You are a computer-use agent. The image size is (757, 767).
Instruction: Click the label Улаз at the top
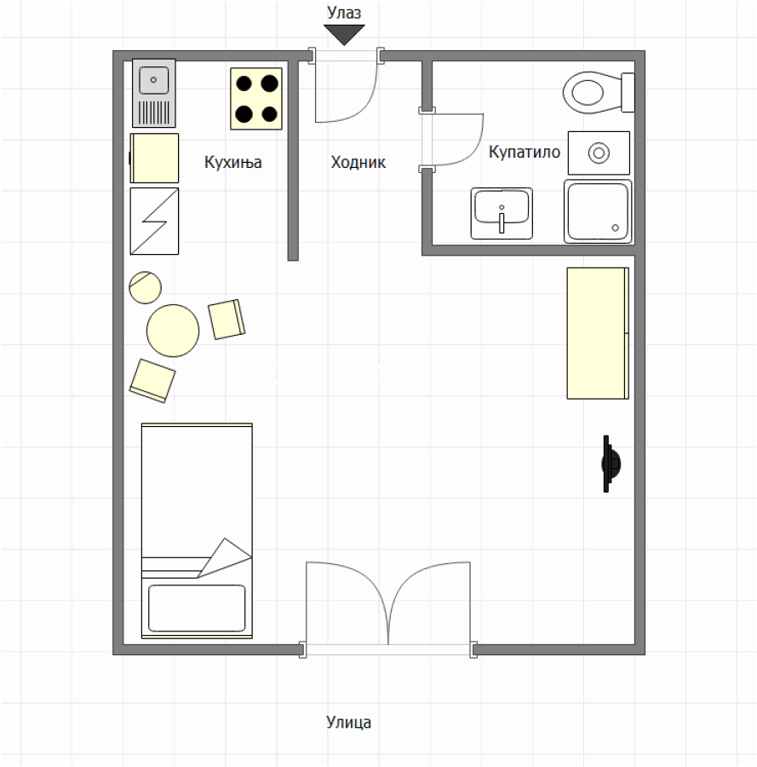coord(344,13)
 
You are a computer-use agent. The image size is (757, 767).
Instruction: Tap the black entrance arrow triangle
coord(344,35)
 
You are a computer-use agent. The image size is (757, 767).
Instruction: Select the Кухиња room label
coord(232,162)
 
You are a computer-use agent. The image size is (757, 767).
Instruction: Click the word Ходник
coord(358,162)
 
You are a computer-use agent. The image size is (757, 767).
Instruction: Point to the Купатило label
coord(525,153)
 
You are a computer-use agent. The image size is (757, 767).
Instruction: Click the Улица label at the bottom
coord(348,722)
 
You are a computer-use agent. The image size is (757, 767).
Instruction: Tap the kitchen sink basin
coord(153,80)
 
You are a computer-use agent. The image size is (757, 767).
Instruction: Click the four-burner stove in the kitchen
coord(256,99)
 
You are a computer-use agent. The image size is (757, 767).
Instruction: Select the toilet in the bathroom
coord(599,92)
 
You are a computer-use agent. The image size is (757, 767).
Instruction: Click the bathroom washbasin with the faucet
coord(502,213)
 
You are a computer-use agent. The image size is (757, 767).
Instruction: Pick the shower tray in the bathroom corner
coord(598,211)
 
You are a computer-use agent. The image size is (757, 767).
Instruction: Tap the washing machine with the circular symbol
coord(599,153)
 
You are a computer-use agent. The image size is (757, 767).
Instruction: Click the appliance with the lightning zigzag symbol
coord(154,221)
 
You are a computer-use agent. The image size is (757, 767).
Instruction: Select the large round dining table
coord(173,330)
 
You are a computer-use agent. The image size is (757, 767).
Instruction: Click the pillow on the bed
coord(197,608)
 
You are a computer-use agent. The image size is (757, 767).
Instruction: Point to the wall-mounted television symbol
coord(610,464)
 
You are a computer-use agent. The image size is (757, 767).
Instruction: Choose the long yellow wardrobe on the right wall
coord(598,333)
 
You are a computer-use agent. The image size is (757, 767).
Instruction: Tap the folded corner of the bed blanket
coord(226,557)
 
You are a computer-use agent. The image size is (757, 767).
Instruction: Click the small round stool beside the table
coord(145,287)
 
